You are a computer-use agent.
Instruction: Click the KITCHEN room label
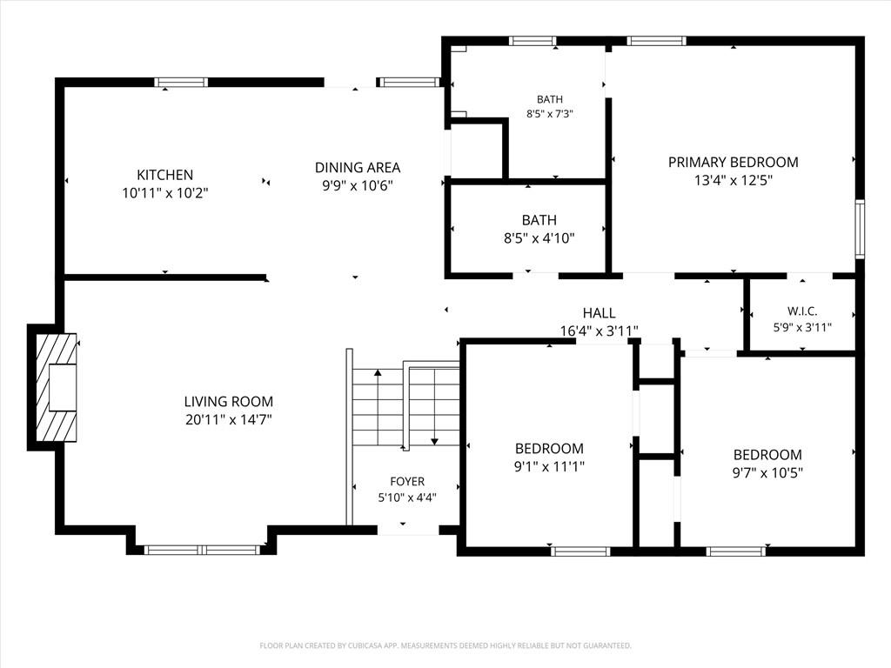tap(164, 175)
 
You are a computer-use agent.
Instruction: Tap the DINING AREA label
tap(358, 168)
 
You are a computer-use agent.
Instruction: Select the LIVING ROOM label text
tap(229, 402)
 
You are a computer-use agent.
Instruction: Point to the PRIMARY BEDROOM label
tap(733, 163)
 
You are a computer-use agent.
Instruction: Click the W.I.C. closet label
tap(802, 311)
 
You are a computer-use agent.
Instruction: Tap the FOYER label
tap(407, 482)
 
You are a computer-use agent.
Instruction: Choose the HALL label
tap(599, 313)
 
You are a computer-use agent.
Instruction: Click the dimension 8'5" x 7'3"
tap(550, 114)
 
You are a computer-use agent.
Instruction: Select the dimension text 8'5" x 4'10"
tap(539, 238)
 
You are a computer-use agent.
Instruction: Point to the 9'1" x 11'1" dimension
tap(550, 467)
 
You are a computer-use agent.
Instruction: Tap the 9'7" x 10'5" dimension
tap(767, 472)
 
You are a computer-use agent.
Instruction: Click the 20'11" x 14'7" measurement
tap(229, 420)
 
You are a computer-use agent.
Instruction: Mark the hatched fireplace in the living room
tap(57, 387)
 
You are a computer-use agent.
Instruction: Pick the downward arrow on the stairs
tap(435, 407)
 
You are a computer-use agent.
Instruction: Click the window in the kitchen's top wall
tap(181, 83)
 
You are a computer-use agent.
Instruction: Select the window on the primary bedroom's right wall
tap(861, 229)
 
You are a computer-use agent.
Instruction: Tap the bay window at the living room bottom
tap(202, 550)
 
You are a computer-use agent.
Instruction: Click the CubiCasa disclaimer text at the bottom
tap(445, 646)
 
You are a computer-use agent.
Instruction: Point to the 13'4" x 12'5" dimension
tap(733, 181)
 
